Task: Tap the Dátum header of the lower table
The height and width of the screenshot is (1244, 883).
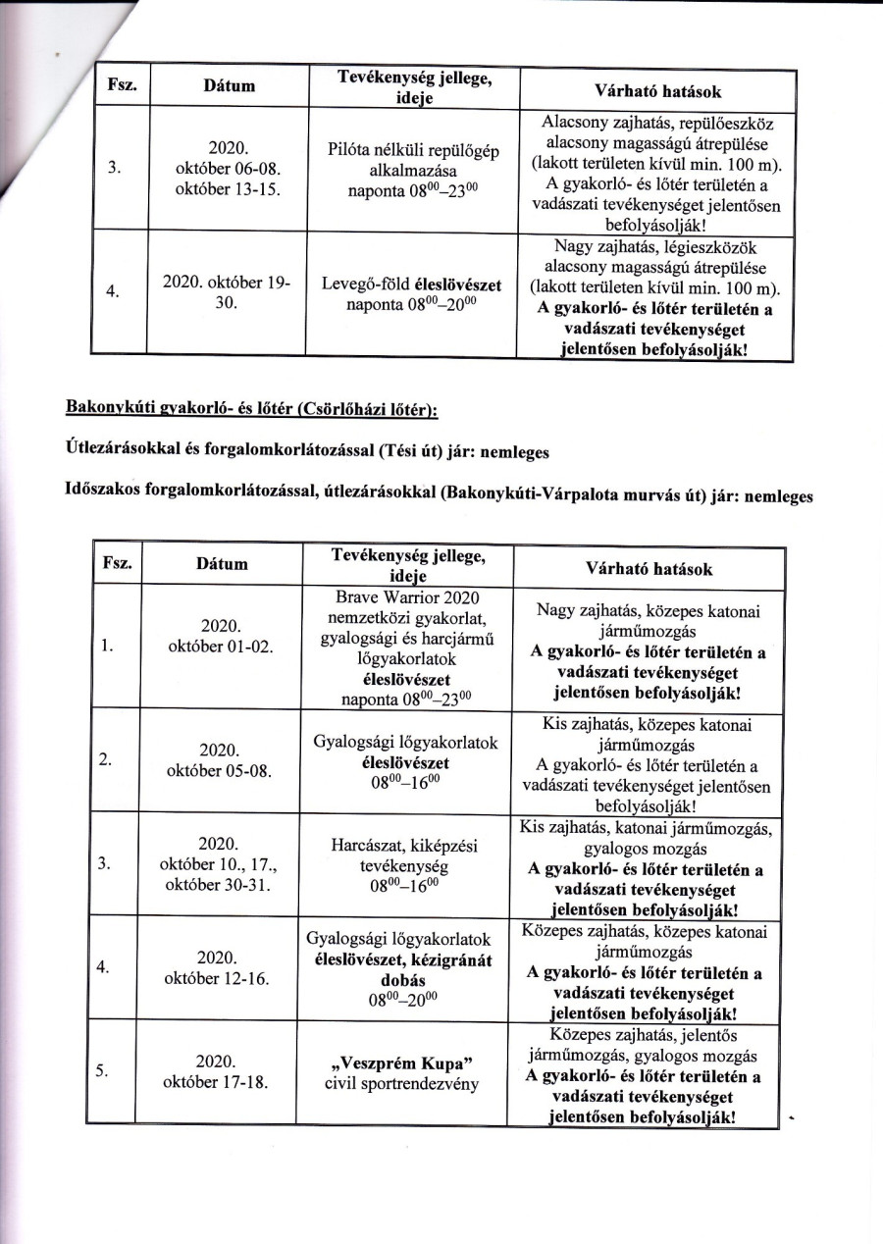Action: (x=223, y=564)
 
